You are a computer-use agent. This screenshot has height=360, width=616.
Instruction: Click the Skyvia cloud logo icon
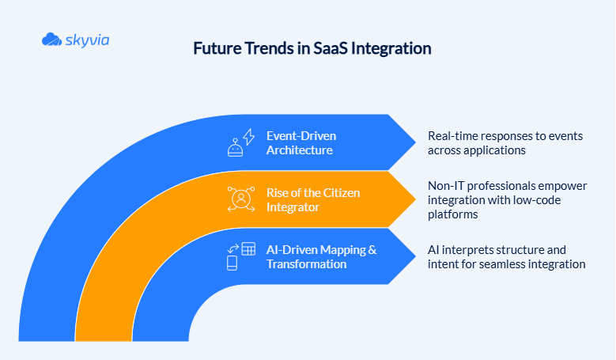(x=51, y=39)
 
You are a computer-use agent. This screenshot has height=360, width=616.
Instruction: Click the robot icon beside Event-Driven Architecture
(x=235, y=149)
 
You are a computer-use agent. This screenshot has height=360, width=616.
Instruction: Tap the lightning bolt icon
(x=247, y=135)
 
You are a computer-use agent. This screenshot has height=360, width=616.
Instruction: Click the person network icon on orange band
(x=240, y=199)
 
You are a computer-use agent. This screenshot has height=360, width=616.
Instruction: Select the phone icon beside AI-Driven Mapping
(x=233, y=262)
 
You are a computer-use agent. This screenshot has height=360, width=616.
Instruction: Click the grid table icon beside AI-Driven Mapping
(x=248, y=248)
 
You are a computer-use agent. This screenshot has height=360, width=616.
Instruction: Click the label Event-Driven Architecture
(x=301, y=142)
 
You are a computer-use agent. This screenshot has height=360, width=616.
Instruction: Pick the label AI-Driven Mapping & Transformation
(x=321, y=256)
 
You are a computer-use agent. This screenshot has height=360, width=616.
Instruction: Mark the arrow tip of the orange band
(x=414, y=199)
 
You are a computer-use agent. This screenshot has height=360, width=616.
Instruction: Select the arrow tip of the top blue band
(x=414, y=142)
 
